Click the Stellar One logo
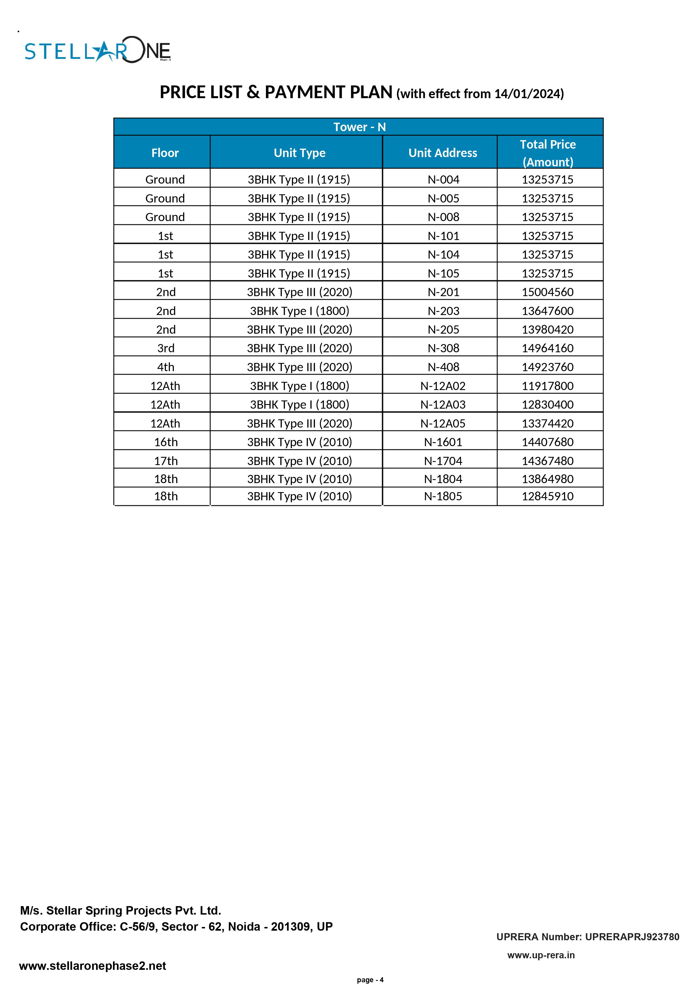click(98, 50)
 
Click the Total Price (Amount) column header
click(548, 153)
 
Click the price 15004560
click(548, 292)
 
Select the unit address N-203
click(443, 311)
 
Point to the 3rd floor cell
click(166, 348)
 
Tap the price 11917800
click(548, 386)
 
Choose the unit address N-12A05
click(443, 423)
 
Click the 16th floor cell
click(166, 442)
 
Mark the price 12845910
click(548, 496)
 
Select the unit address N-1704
click(443, 461)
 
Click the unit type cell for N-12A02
click(299, 386)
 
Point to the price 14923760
click(548, 367)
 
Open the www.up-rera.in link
click(541, 955)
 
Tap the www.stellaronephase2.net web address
click(93, 966)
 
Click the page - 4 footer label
click(370, 980)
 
